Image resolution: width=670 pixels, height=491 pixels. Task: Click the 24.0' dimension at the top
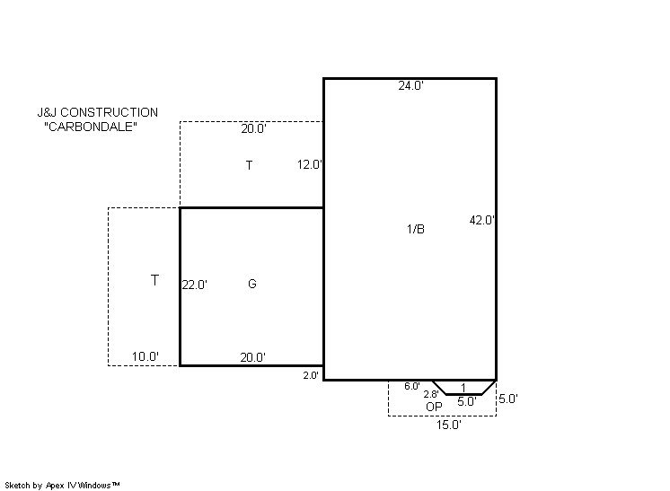410,85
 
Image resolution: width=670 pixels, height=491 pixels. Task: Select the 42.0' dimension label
482,220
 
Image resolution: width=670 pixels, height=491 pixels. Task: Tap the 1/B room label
416,229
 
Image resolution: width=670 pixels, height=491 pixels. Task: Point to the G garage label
252,284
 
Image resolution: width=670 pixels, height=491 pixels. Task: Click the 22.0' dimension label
194,285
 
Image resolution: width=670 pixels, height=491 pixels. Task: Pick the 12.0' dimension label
309,164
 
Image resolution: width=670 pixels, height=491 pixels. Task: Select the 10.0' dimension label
145,356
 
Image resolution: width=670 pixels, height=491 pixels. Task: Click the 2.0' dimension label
311,375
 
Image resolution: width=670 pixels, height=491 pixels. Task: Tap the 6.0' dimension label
412,386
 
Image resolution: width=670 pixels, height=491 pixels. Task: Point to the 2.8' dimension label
431,395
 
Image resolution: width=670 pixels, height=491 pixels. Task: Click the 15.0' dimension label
449,425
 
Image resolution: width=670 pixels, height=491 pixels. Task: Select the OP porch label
434,407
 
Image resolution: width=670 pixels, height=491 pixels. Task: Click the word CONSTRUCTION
109,112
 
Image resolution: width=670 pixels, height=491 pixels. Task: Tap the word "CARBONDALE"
91,127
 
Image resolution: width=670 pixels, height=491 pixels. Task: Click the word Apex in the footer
55,486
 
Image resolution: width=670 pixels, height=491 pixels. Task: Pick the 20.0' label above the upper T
253,128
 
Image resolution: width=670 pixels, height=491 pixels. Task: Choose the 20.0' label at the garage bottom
252,357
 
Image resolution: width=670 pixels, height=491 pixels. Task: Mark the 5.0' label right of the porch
508,399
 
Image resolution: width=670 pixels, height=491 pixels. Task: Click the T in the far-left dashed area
154,280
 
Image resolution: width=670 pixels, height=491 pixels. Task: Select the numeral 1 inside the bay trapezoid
463,388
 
